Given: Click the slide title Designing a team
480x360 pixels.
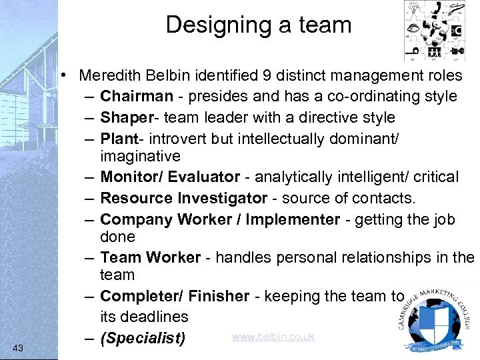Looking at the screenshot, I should [x=258, y=25].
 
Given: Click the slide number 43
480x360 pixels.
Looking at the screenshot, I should [x=18, y=347].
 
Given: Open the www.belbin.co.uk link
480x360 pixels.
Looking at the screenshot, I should [x=273, y=337].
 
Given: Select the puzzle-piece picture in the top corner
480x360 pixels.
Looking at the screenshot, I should [x=436, y=31].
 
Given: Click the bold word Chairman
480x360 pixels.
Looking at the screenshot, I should [x=136, y=97].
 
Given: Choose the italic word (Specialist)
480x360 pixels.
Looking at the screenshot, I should [x=143, y=339].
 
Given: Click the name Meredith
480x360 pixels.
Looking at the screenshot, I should [x=109, y=76].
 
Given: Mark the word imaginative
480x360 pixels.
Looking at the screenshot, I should [x=140, y=157].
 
